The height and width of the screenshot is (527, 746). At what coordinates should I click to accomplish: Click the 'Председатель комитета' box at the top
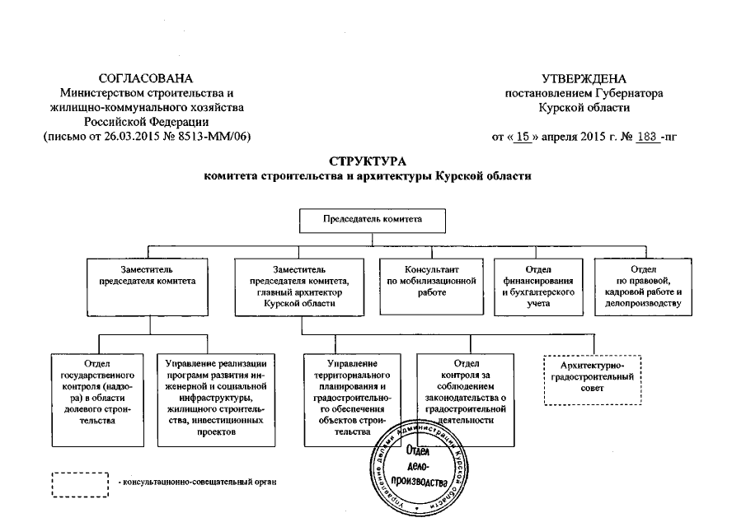point(372,220)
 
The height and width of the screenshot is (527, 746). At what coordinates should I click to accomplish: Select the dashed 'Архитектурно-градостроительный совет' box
point(591,379)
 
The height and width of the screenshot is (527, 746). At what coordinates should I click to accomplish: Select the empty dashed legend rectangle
point(81,483)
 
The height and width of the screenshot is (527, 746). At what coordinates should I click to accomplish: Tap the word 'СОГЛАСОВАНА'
point(146,78)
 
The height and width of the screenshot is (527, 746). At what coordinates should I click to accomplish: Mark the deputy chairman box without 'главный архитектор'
point(149,286)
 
